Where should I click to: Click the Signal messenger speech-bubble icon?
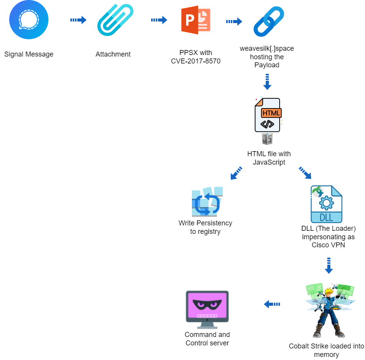[x=29, y=20]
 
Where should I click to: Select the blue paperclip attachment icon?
[x=115, y=20]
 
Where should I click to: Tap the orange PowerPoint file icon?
[x=196, y=20]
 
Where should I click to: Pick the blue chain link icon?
[x=269, y=22]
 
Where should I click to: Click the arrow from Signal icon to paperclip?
[x=78, y=20]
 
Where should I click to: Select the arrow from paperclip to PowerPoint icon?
[x=159, y=20]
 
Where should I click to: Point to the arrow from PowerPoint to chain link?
[x=234, y=22]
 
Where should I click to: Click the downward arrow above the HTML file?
[x=267, y=82]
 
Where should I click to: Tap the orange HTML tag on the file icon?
[x=271, y=113]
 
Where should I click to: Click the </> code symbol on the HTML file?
[x=267, y=124]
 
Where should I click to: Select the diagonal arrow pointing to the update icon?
[x=236, y=173]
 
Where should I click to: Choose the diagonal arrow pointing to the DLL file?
[x=305, y=173]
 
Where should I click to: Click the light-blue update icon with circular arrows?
[x=207, y=202]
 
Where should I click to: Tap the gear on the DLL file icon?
[x=327, y=202]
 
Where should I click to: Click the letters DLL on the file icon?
[x=327, y=217]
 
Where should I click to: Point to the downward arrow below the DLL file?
[x=329, y=266]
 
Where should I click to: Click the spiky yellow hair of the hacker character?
[x=329, y=291]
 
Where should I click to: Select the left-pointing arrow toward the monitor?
[x=272, y=304]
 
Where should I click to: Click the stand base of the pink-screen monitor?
[x=207, y=328]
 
